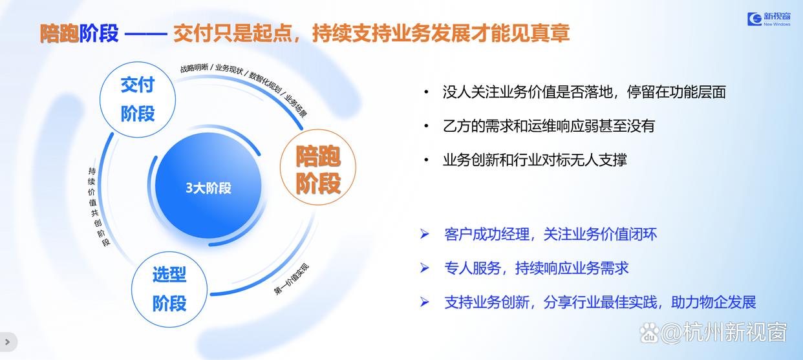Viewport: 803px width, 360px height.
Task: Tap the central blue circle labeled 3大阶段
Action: point(208,185)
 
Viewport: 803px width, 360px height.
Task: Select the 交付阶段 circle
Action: point(138,100)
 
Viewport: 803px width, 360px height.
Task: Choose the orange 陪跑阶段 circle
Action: point(318,167)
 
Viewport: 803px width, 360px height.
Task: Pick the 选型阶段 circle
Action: point(169,289)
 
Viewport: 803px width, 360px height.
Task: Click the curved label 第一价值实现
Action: point(291,279)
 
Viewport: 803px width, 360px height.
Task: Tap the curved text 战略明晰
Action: point(194,68)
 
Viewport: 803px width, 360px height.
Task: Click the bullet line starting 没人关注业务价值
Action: point(584,92)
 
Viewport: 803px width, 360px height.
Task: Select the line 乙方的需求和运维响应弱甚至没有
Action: point(549,126)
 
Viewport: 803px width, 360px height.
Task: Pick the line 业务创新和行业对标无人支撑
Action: point(535,160)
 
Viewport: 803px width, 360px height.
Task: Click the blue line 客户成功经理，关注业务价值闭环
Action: point(550,235)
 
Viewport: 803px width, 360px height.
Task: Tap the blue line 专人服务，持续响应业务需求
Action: point(536,268)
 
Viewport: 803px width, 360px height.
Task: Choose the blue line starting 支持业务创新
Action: point(600,302)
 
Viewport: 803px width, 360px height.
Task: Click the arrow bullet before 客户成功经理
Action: point(424,235)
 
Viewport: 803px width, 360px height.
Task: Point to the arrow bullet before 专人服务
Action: point(424,268)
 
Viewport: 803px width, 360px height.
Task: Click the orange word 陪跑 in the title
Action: point(59,34)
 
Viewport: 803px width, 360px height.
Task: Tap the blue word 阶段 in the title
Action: point(99,34)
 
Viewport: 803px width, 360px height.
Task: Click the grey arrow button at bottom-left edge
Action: point(8,342)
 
